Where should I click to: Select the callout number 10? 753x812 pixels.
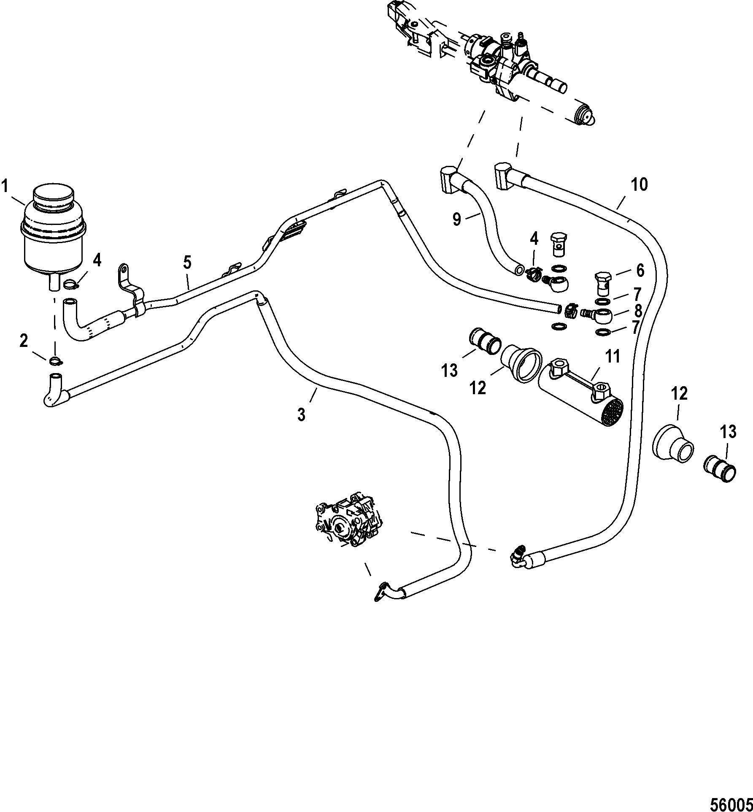(x=639, y=184)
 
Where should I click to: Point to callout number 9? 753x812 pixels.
(x=457, y=219)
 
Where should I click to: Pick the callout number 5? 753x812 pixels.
(x=187, y=263)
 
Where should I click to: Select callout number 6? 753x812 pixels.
(x=640, y=271)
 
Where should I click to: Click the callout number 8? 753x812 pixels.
(x=639, y=311)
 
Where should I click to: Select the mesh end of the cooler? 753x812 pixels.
(x=611, y=412)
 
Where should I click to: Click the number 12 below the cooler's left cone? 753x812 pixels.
(x=478, y=387)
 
